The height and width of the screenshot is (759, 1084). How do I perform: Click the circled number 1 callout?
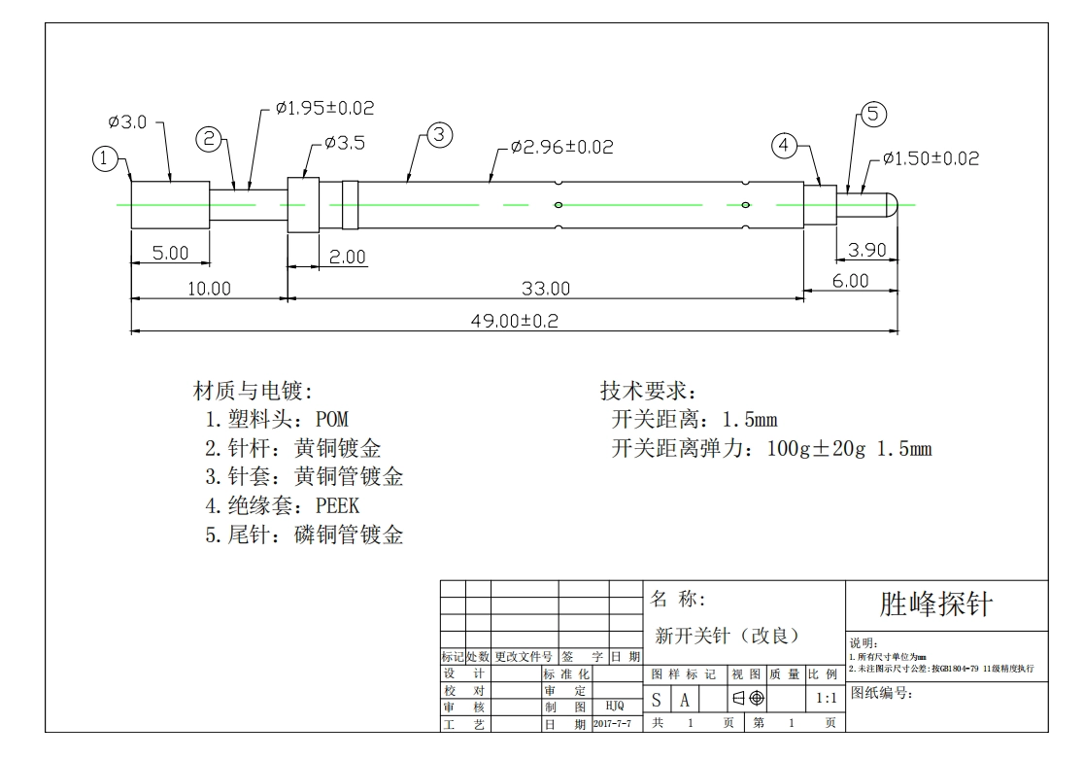pyautogui.click(x=104, y=158)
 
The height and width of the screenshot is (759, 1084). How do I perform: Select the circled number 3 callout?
pyautogui.click(x=440, y=135)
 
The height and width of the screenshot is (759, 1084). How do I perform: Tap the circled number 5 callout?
pyautogui.click(x=873, y=114)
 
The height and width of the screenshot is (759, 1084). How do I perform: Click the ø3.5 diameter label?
pyautogui.click(x=344, y=143)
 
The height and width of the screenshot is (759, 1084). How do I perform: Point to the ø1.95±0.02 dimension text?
pyautogui.click(x=325, y=108)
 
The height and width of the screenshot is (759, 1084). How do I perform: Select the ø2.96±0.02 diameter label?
pyautogui.click(x=562, y=147)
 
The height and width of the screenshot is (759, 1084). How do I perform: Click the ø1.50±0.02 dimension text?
pyautogui.click(x=932, y=158)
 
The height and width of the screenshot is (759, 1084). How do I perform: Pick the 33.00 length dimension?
pyautogui.click(x=546, y=289)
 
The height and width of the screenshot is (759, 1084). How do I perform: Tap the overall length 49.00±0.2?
pyautogui.click(x=515, y=321)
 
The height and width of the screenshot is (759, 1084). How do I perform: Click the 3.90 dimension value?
pyautogui.click(x=867, y=250)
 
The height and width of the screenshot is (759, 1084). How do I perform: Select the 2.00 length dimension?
pyautogui.click(x=347, y=258)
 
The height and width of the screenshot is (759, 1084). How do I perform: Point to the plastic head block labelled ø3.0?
pyautogui.click(x=170, y=205)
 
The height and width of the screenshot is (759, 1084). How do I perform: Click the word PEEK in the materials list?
pyautogui.click(x=337, y=505)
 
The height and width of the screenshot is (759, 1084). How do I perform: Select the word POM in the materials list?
pyautogui.click(x=332, y=419)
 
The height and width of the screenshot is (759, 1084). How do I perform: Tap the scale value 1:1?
pyautogui.click(x=827, y=698)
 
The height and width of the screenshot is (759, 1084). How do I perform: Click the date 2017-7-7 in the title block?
pyautogui.click(x=613, y=724)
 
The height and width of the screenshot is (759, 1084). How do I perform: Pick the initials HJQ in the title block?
pyautogui.click(x=615, y=706)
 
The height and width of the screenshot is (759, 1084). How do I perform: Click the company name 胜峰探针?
pyautogui.click(x=936, y=604)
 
